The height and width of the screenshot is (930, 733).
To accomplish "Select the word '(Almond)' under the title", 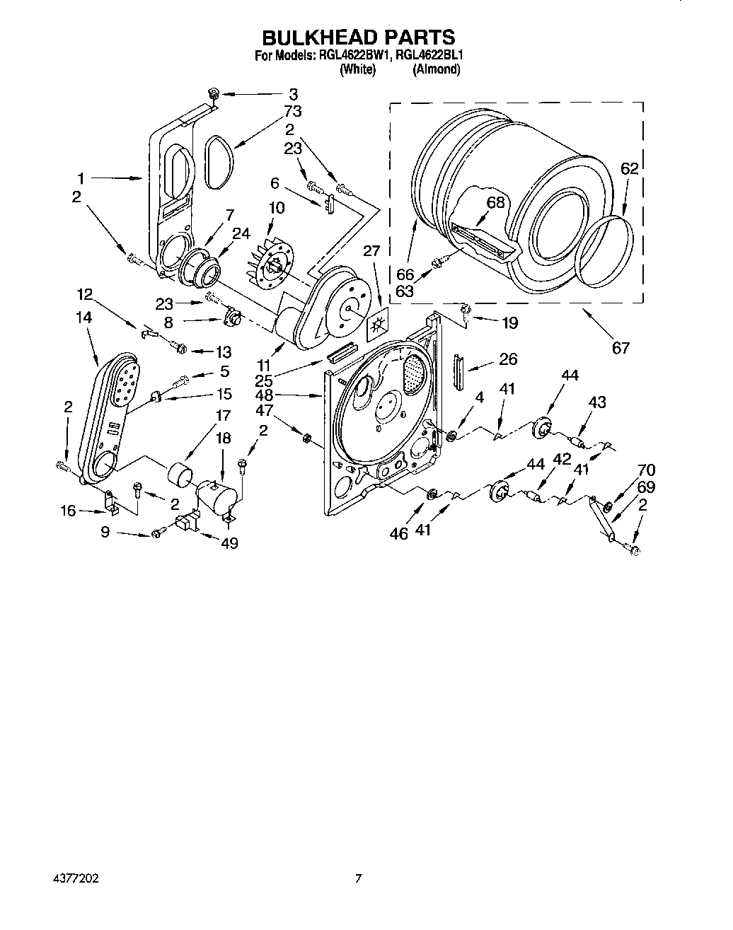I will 436,69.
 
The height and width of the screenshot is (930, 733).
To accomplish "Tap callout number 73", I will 292,111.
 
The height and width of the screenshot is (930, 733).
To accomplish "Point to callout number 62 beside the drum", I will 629,168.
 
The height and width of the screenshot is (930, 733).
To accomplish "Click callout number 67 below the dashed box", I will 620,348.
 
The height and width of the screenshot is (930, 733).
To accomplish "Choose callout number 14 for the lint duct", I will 84,318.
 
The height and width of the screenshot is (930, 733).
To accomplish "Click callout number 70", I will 645,470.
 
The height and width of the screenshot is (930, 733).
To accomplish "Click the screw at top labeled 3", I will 212,93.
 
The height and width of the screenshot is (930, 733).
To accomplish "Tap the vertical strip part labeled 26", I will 458,372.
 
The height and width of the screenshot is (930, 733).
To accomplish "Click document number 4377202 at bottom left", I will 74,879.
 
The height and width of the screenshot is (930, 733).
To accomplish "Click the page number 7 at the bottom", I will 359,879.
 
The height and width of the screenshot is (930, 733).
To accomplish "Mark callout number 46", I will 399,533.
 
